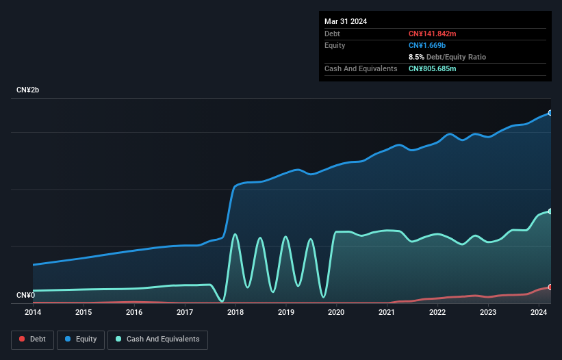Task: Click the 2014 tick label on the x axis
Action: pyautogui.click(x=33, y=312)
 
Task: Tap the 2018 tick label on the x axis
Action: pyautogui.click(x=235, y=312)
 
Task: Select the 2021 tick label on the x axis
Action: pyautogui.click(x=387, y=312)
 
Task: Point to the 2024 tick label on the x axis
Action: pyautogui.click(x=538, y=312)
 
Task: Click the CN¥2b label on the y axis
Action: pyautogui.click(x=28, y=90)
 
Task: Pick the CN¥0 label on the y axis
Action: pyautogui.click(x=25, y=296)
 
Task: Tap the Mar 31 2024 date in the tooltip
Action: pyautogui.click(x=346, y=21)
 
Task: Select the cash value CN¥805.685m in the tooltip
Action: pyautogui.click(x=437, y=68)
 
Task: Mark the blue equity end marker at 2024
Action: pyautogui.click(x=550, y=113)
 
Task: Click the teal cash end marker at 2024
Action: pyautogui.click(x=550, y=211)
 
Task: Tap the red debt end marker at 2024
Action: pyautogui.click(x=550, y=287)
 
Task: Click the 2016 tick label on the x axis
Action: pyautogui.click(x=134, y=312)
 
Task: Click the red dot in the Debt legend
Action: pyautogui.click(x=22, y=339)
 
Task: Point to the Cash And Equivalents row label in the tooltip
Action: pyautogui.click(x=361, y=68)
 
